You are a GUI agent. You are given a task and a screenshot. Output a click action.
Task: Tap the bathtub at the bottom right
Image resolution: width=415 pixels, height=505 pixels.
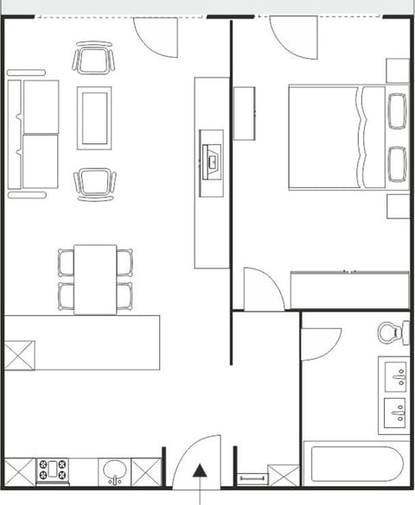tap(355, 464)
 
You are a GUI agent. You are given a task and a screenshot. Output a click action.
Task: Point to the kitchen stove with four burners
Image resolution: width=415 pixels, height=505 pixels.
tap(52, 470)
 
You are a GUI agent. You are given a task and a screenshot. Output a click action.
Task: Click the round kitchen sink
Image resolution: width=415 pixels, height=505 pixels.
tap(114, 470)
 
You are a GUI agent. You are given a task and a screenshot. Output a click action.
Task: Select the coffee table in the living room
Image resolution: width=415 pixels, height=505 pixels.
tap(94, 118)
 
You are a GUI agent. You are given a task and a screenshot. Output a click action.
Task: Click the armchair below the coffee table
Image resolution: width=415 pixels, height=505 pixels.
tap(94, 183)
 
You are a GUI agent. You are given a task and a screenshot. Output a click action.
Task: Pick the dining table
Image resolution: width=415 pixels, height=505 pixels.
tap(95, 279)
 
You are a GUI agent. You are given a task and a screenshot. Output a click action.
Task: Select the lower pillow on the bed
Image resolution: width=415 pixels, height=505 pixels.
tap(398, 164)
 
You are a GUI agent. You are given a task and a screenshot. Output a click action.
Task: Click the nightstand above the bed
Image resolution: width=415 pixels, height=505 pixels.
tap(398, 70)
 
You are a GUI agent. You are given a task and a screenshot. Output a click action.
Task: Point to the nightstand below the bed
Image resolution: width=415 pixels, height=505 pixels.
tap(398, 206)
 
